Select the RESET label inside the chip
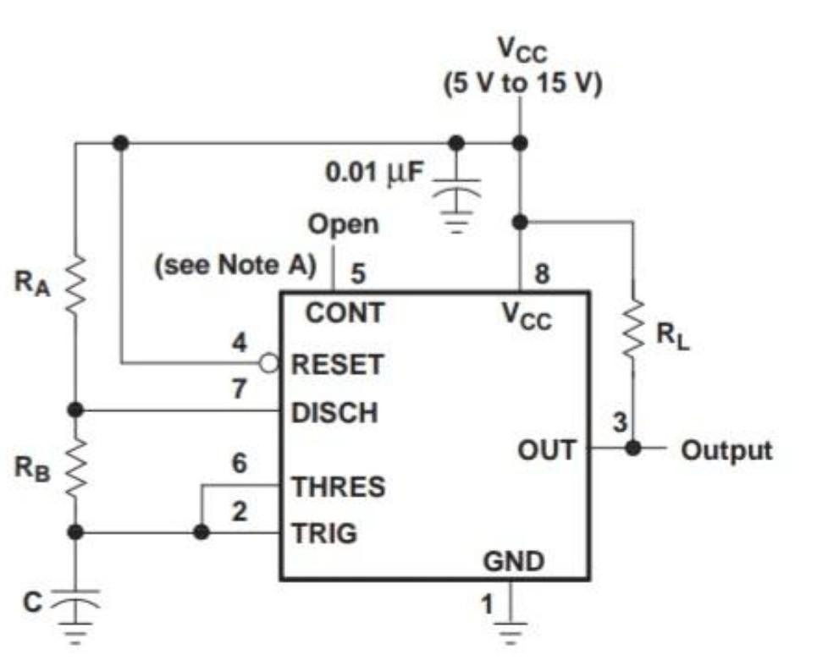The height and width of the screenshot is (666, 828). coord(337,365)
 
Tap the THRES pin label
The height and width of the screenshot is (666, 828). coord(338,487)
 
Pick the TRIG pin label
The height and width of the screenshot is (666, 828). coord(324,533)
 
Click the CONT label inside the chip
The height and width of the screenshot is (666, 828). coord(344,313)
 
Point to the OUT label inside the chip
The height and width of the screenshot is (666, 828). coord(547,449)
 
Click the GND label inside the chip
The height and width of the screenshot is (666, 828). coord(513,560)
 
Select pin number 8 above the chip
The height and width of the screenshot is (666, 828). coord(543,273)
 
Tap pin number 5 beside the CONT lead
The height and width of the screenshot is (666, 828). coord(358,273)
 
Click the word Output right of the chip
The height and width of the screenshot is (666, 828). coord(726,449)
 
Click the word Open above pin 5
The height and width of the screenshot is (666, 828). coord(343,225)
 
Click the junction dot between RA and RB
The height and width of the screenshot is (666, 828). coord(75,410)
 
